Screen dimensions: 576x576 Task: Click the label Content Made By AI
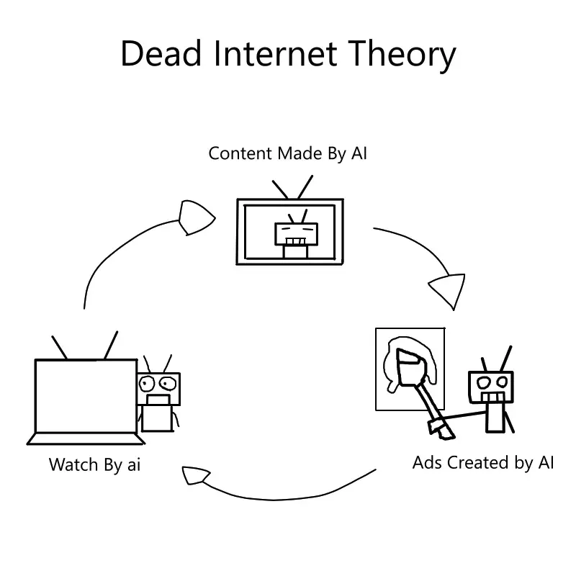(287, 153)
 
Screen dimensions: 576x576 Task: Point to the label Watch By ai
(94, 464)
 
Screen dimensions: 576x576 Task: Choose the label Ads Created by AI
(483, 462)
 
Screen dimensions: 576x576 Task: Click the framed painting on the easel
(410, 369)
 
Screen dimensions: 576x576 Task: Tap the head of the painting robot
(492, 386)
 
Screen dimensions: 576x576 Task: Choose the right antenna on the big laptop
(111, 346)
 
